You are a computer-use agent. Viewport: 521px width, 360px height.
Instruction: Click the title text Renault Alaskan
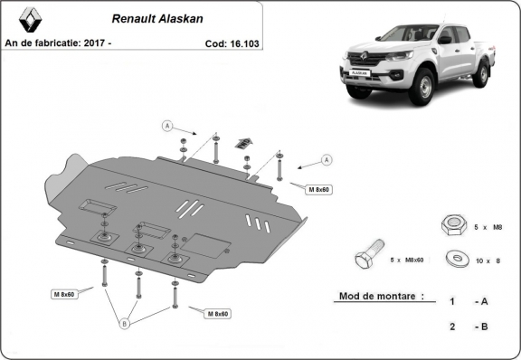[156, 17]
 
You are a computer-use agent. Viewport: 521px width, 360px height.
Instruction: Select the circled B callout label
[125, 322]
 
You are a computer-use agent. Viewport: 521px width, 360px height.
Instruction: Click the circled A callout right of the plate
[326, 160]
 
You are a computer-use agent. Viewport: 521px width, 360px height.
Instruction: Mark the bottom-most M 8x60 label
[216, 314]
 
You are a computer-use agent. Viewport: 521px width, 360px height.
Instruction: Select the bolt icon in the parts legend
[369, 259]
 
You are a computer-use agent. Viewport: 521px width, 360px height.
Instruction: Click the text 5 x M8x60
[408, 261]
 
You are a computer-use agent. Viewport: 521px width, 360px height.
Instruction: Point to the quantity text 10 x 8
[487, 261]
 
